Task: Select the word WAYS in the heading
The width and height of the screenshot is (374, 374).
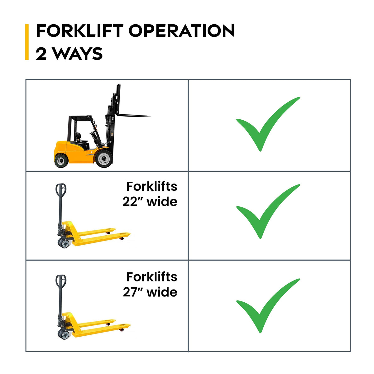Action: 78,54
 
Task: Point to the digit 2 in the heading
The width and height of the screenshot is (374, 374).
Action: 41,54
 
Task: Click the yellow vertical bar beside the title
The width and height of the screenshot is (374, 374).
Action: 27,42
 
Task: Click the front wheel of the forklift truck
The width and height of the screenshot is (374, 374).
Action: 104,159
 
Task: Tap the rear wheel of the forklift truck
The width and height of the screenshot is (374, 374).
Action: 61,160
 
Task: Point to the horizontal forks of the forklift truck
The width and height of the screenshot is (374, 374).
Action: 134,116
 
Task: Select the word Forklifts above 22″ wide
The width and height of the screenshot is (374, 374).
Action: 152,186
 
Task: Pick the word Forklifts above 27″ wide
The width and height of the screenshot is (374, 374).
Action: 152,277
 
